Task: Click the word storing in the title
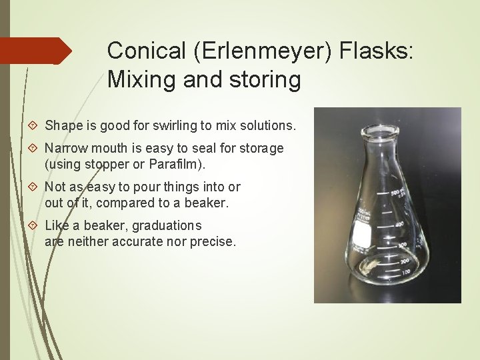(x=265, y=80)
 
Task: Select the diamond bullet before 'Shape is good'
(x=35, y=126)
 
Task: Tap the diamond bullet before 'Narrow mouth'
(x=35, y=148)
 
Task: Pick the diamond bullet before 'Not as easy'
(x=35, y=187)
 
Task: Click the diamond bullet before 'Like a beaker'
(x=35, y=225)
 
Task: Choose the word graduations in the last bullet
(x=167, y=225)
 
